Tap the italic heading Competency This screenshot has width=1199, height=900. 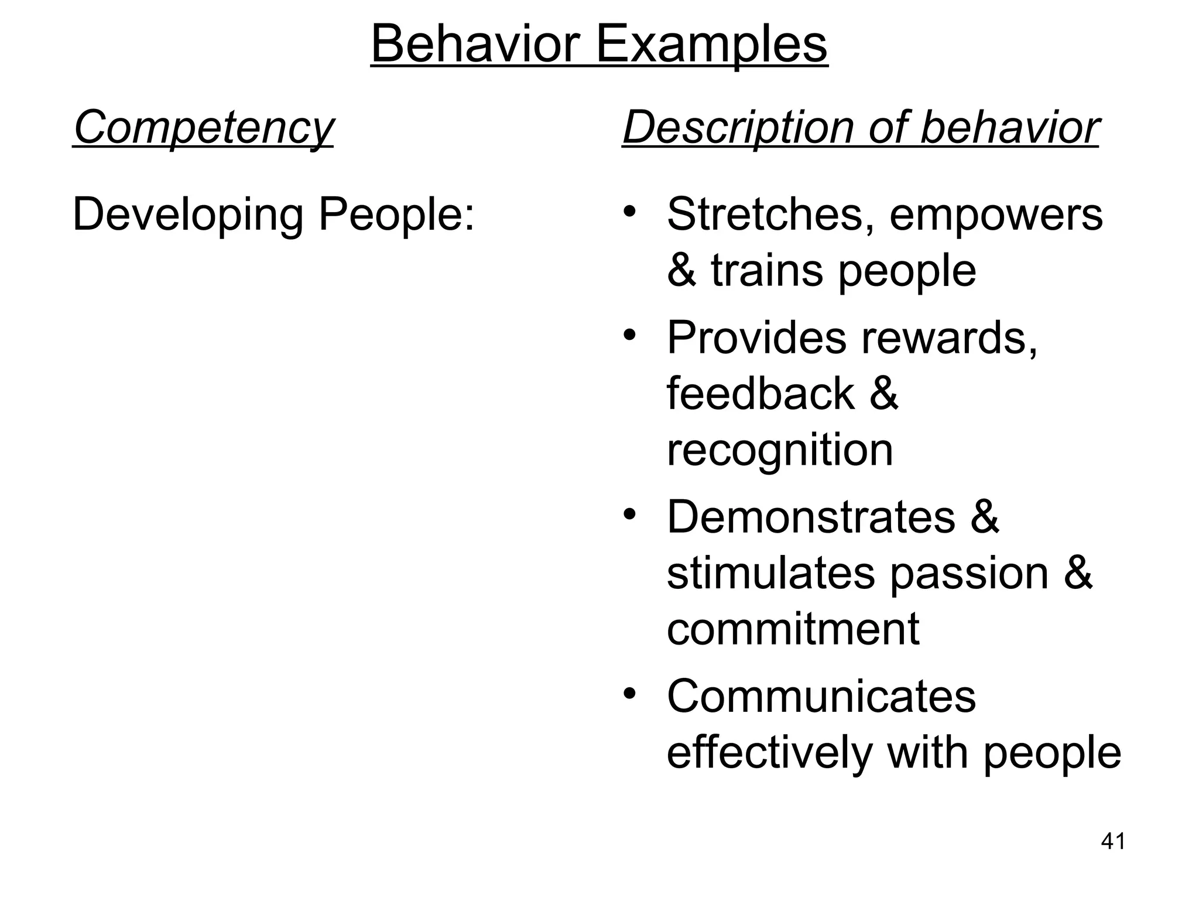click(203, 128)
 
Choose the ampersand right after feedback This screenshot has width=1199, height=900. click(883, 393)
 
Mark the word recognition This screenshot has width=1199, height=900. click(780, 450)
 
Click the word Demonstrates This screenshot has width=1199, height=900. click(811, 517)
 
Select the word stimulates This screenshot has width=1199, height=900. click(770, 572)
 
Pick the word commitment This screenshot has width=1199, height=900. click(793, 629)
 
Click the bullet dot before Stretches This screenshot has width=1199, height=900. click(629, 210)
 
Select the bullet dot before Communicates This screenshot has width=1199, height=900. click(629, 694)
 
